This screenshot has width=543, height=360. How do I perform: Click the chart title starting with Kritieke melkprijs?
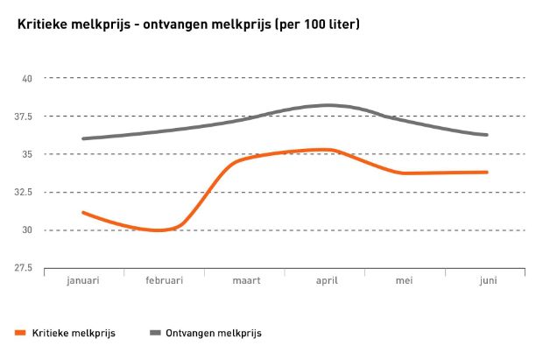point(188,24)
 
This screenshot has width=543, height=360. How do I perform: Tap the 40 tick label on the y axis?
point(27,79)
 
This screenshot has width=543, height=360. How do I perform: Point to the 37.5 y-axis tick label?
point(24,116)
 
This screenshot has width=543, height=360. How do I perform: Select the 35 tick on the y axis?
point(27,154)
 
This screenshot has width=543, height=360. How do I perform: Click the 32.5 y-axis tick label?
point(24,193)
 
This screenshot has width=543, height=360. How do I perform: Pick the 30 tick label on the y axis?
point(27,230)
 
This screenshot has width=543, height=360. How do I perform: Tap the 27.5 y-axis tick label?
point(24,268)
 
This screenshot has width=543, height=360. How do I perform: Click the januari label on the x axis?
point(83,281)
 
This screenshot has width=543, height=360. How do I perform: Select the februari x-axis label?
point(164,281)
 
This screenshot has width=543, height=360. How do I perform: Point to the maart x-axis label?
point(244,281)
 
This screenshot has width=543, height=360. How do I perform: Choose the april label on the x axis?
point(325,281)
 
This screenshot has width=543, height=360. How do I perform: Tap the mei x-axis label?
point(405,281)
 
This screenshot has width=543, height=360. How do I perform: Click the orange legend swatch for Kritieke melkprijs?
point(20,333)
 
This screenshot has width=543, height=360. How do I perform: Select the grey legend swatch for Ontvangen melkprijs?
point(157,333)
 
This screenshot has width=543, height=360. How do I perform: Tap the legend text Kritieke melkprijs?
point(74,333)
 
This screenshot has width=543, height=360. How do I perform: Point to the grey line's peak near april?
point(328,105)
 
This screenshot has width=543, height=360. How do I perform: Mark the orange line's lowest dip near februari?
point(158,230)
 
